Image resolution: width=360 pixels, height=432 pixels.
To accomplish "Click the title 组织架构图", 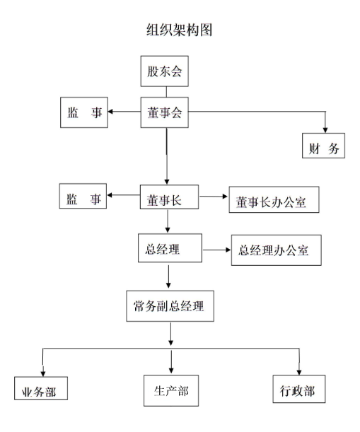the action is tap(179, 30).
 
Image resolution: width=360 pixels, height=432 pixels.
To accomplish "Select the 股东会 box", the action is tap(165, 71).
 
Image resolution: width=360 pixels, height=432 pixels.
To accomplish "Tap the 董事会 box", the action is tap(165, 112).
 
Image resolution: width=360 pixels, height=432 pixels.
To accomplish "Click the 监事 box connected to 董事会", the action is tap(84, 112).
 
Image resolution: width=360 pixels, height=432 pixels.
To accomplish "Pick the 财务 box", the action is tap(323, 146).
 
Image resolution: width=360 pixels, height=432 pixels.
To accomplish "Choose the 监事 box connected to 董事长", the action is tap(83, 196).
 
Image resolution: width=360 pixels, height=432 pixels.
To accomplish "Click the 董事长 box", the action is tap(169, 197).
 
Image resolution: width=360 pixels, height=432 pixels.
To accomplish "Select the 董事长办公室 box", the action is tap(274, 200).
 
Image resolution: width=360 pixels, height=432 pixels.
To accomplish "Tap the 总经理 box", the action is tap(170, 248).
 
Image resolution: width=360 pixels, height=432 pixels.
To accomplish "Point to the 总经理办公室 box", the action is tap(277, 250).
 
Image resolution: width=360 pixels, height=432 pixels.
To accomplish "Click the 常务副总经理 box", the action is tap(170, 306).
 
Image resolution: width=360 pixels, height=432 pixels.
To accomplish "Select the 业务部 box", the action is tap(41, 388).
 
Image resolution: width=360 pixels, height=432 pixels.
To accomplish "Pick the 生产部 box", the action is tap(171, 391).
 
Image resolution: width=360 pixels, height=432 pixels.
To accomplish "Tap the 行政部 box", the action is tap(299, 389).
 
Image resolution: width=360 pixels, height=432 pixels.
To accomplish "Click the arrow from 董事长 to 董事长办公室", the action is tap(214, 197).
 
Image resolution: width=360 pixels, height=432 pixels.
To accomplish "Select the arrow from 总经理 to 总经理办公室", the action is tap(217, 250).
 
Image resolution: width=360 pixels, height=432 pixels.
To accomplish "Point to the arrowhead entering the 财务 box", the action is tap(325, 130).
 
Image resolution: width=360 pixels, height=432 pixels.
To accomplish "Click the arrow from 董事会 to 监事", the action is tap(124, 112).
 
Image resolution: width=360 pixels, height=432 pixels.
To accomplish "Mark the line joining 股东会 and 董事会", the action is tap(166, 92).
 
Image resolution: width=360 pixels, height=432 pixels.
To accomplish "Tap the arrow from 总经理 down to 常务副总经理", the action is tap(168, 276).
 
